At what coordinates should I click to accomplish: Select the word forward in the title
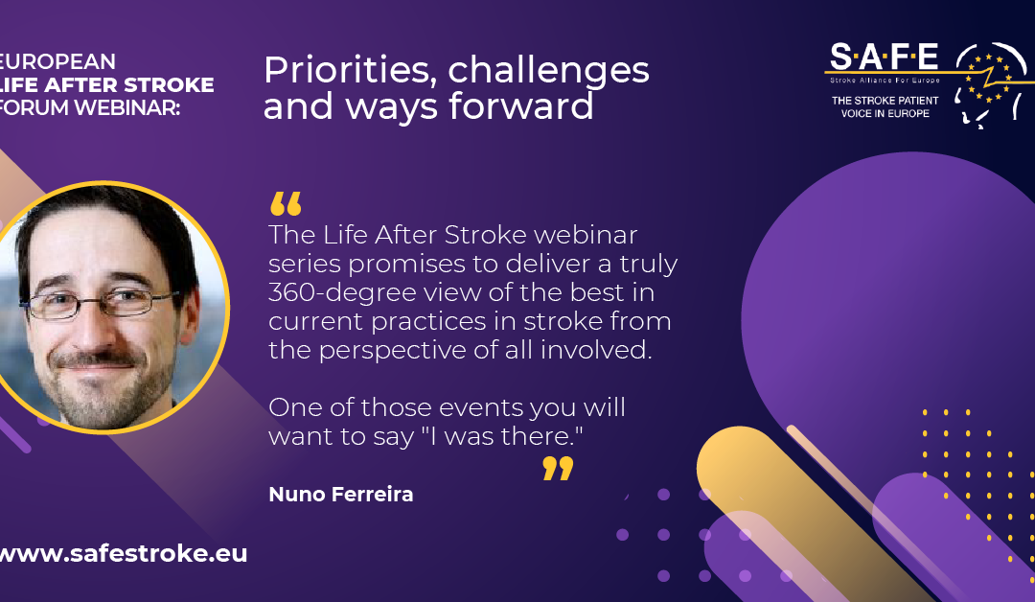(x=520, y=106)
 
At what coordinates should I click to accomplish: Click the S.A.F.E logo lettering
(x=884, y=57)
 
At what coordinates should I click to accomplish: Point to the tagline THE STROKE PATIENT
(x=885, y=101)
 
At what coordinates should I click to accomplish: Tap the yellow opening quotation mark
(x=286, y=204)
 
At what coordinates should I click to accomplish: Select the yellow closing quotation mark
(x=558, y=468)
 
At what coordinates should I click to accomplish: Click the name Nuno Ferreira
(x=340, y=494)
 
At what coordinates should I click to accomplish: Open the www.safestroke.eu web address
(x=123, y=553)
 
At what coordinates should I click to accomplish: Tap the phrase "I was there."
(x=502, y=436)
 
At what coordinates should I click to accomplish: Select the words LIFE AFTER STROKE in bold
(x=106, y=84)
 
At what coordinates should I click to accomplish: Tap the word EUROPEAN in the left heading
(x=57, y=61)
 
